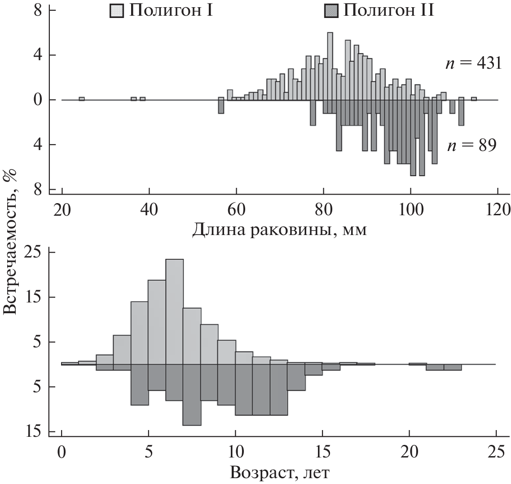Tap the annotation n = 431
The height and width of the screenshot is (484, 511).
pos(470,64)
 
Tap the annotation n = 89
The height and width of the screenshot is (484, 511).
pos(471,145)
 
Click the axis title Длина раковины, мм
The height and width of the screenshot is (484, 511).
pos(280,230)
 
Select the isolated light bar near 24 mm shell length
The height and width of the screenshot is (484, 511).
pos(82,98)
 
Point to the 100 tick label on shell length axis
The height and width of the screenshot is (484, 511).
pos(410,210)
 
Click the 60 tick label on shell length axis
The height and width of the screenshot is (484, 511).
pos(236,210)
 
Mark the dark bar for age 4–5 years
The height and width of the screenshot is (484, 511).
pos(140,385)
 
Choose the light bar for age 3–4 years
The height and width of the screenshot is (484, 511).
pos(122,350)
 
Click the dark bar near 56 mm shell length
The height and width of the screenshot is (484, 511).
pos(221,107)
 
